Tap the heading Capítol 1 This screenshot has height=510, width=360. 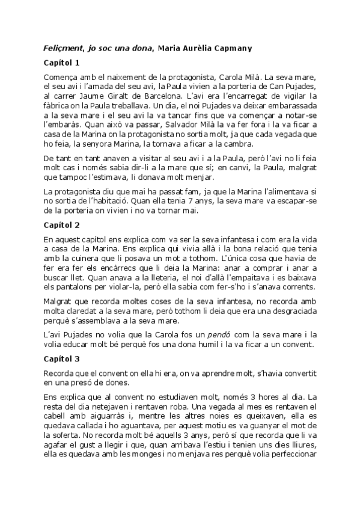pyautogui.click(x=62, y=63)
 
